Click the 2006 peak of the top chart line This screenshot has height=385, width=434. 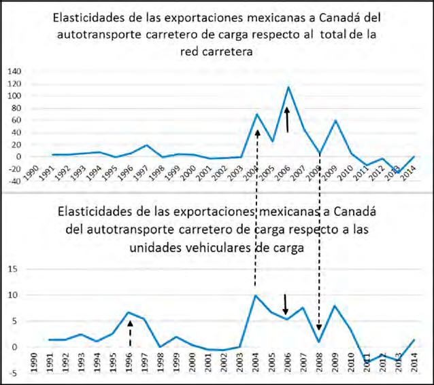tap(288, 87)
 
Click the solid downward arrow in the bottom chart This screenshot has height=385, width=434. tap(286, 303)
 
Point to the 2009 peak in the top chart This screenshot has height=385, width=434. tap(335, 120)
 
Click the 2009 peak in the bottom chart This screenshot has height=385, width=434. tap(335, 306)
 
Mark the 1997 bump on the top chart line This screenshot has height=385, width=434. tap(146, 145)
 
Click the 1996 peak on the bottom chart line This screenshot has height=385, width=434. tap(129, 312)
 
